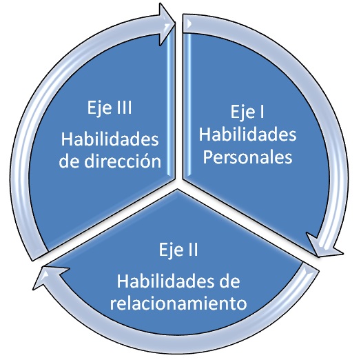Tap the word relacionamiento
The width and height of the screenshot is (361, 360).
(178, 303)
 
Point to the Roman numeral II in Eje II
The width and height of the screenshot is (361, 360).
(192, 250)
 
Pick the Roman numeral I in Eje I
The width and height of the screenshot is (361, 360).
(262, 112)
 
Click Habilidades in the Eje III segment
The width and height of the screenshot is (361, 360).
(110, 139)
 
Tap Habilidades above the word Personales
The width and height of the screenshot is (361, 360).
(247, 134)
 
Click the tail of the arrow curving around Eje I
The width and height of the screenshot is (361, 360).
(187, 23)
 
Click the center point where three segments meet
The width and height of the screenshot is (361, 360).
(179, 183)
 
